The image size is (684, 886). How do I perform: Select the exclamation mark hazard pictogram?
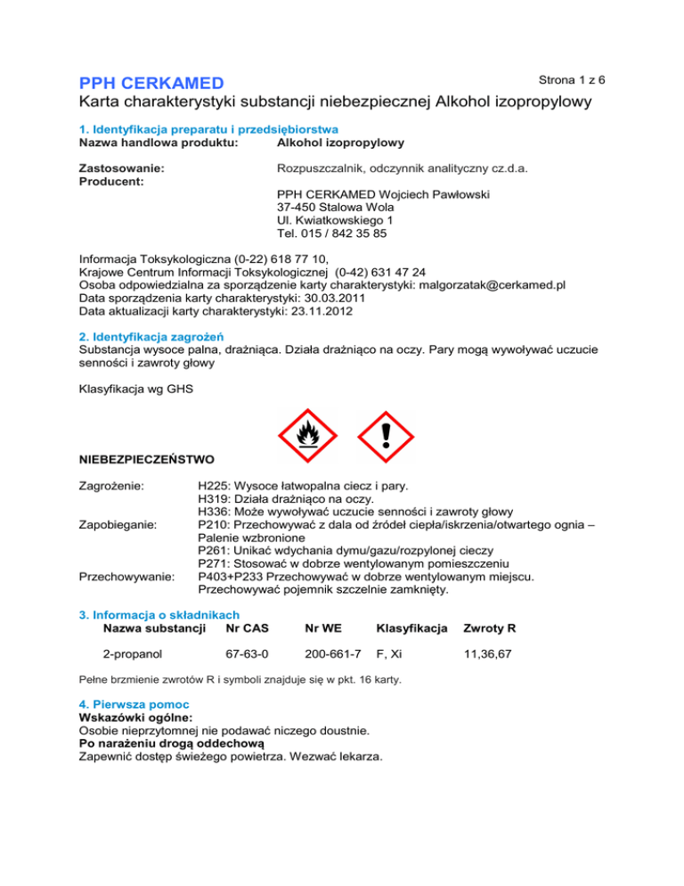tap(386, 437)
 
